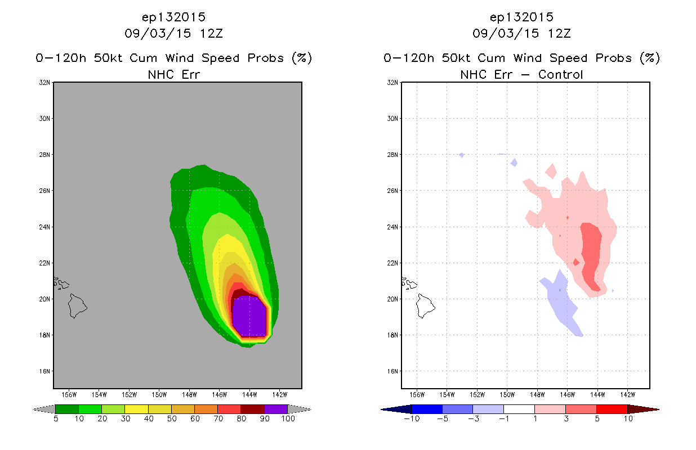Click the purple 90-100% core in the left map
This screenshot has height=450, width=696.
tap(249, 317)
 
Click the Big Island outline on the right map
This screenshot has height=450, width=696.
tap(425, 306)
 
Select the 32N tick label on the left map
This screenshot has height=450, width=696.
tap(44, 83)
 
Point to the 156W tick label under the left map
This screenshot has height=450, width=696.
tap(69, 395)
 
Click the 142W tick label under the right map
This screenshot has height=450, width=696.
tap(628, 395)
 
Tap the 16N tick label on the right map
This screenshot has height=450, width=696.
tap(392, 371)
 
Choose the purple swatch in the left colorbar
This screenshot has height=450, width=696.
tap(276, 409)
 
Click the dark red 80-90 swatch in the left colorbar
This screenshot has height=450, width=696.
tap(253, 409)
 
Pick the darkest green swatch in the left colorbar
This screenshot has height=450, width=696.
tap(67, 409)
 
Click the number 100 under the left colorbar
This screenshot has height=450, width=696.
tap(288, 419)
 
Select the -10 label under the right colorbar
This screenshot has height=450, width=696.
tap(412, 419)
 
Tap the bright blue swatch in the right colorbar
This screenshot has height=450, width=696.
tap(427, 409)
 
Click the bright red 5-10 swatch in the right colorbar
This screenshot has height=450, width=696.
tap(612, 409)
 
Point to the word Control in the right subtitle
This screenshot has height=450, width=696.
tap(560, 75)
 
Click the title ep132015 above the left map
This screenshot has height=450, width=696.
tap(173, 17)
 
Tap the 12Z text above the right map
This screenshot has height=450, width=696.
tap(559, 34)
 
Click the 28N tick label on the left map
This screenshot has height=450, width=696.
tap(44, 155)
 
